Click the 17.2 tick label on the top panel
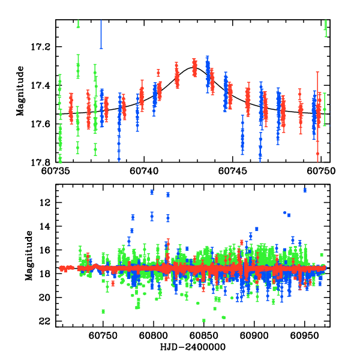43,47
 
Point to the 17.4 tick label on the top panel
43,85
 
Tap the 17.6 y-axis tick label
43,124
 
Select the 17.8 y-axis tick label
43,162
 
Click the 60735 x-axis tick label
56,170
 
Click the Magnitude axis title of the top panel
21,91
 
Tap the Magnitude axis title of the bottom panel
28,256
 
